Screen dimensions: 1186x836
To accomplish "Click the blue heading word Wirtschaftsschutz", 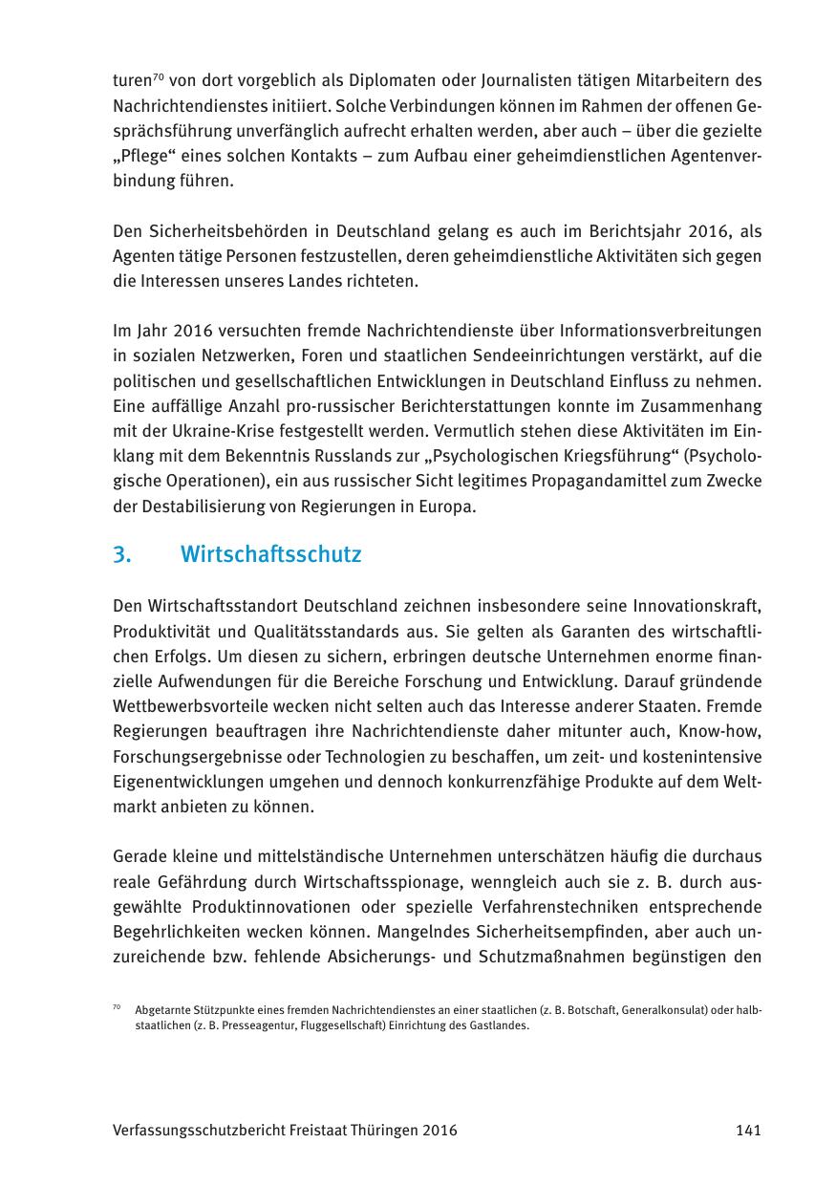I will click(x=270, y=554).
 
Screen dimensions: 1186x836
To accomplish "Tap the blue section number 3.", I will click(x=121, y=554).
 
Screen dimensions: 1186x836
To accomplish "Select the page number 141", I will click(x=748, y=1130).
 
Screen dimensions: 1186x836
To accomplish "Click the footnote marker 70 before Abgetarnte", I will click(x=116, y=1007).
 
